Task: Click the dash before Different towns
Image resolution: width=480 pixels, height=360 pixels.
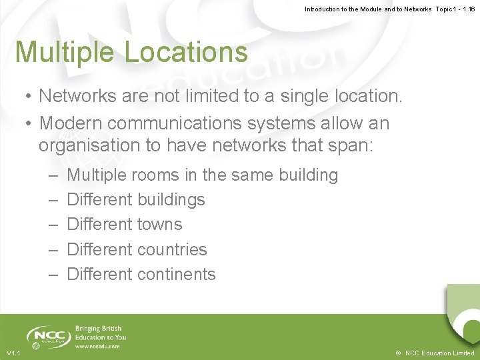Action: pyautogui.click(x=53, y=225)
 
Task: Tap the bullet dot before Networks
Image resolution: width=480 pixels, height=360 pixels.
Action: pyautogui.click(x=30, y=97)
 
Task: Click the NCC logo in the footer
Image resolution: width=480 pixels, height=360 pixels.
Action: pyautogui.click(x=49, y=336)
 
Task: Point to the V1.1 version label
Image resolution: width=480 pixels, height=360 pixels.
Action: pyautogui.click(x=13, y=353)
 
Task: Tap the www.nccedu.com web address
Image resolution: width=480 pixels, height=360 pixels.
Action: pyautogui.click(x=97, y=347)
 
